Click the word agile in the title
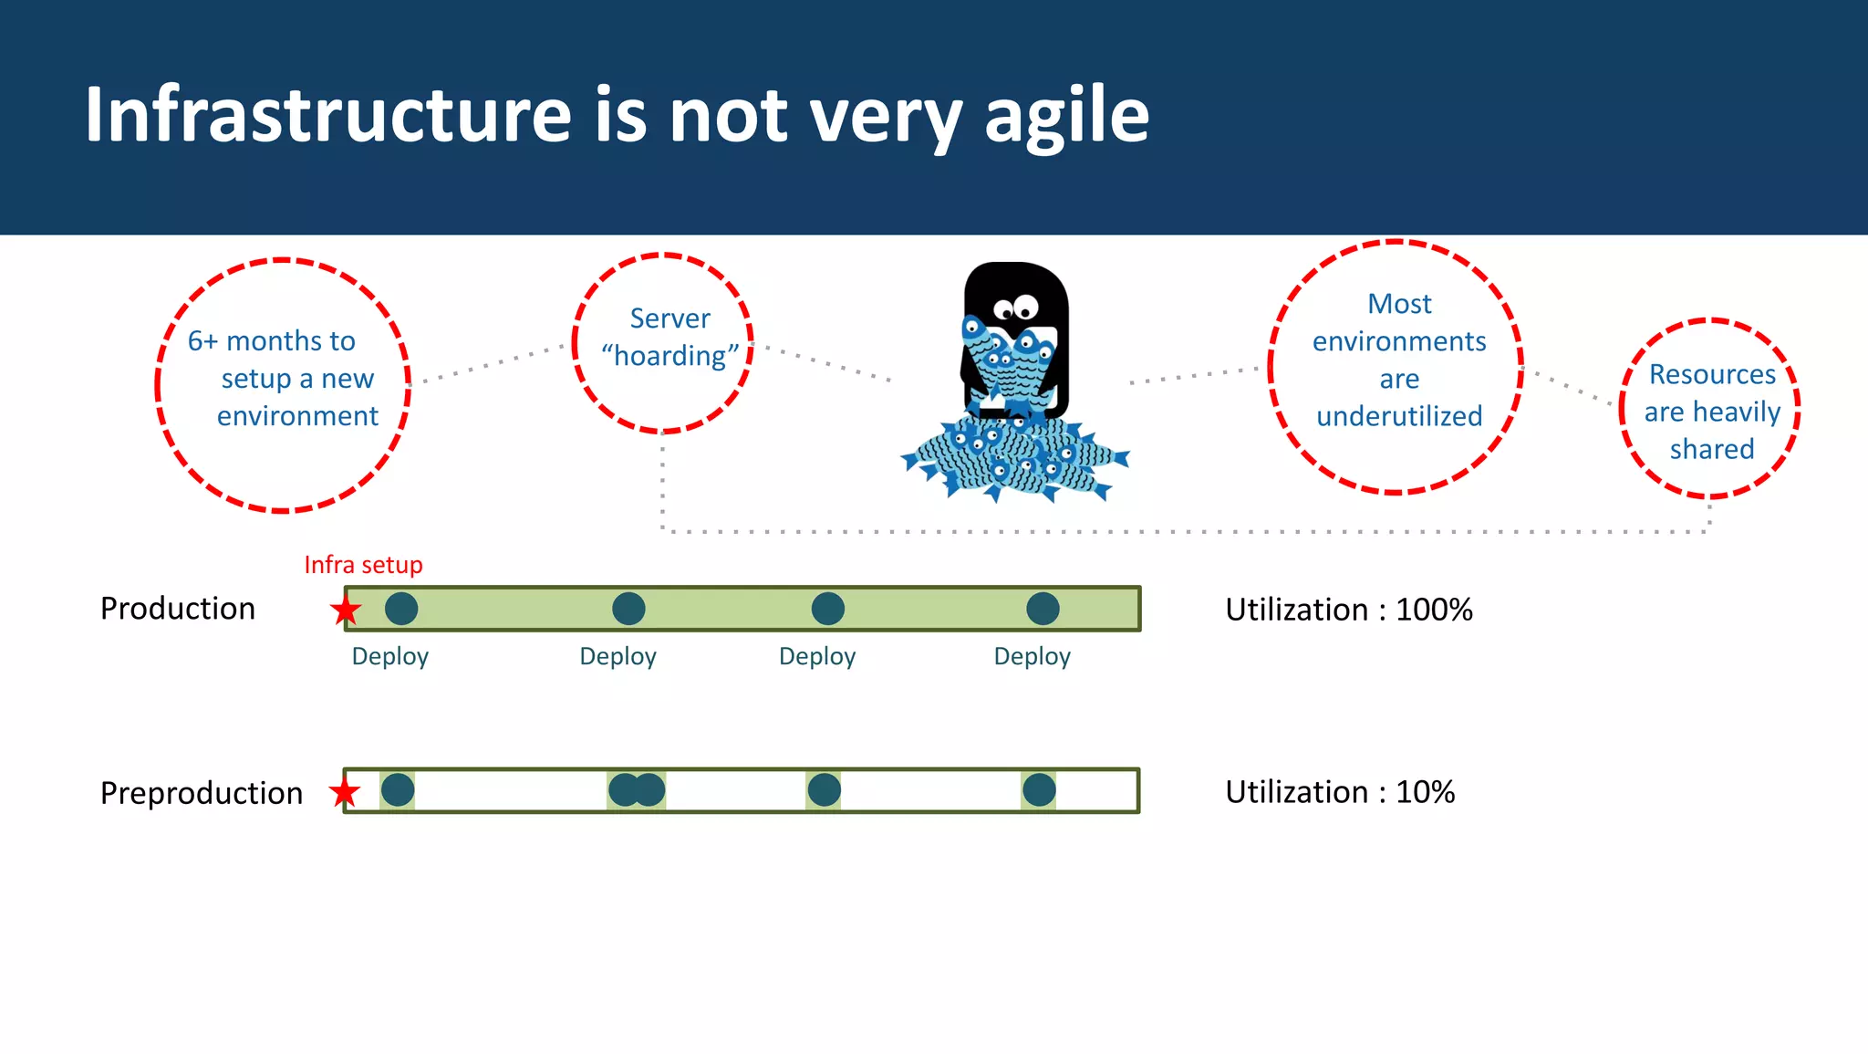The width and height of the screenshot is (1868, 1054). click(x=1066, y=116)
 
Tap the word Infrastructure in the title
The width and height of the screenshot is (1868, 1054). click(x=328, y=116)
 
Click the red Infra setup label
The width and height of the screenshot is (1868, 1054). click(x=363, y=565)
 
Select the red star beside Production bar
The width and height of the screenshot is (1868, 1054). click(x=346, y=610)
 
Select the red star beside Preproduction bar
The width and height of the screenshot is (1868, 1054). click(x=345, y=792)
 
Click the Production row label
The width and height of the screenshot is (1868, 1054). click(x=178, y=609)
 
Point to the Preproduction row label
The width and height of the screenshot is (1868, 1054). click(x=202, y=793)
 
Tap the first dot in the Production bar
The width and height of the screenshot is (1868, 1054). click(x=401, y=609)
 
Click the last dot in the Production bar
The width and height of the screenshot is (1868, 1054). click(x=1043, y=609)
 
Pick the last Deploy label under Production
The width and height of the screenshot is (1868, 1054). click(x=1032, y=656)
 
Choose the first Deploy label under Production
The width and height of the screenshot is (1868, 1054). click(x=390, y=656)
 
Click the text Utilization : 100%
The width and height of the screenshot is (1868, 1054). click(x=1348, y=610)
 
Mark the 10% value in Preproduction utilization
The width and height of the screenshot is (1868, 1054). click(x=1425, y=792)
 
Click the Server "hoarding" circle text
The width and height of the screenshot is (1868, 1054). click(x=669, y=338)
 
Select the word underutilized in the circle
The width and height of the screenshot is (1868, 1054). click(x=1399, y=416)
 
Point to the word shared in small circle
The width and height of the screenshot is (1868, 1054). click(x=1712, y=449)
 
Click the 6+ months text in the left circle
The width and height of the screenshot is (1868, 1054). click(x=271, y=341)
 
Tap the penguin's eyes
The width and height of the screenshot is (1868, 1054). click(x=1016, y=307)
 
